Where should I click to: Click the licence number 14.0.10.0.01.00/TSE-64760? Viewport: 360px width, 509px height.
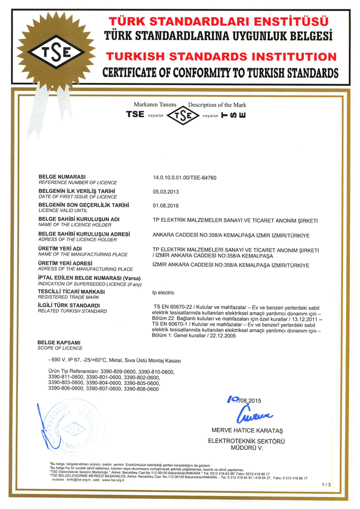click(x=184, y=177)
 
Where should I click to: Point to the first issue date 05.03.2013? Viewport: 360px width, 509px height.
click(x=166, y=191)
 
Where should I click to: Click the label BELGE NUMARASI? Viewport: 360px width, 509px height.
click(x=62, y=176)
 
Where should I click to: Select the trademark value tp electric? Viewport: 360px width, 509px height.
click(x=165, y=293)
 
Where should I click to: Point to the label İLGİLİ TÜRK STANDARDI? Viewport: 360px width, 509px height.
click(x=69, y=305)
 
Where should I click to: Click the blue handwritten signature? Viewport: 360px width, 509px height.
click(x=256, y=414)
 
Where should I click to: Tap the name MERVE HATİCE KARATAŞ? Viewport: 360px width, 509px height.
click(x=247, y=430)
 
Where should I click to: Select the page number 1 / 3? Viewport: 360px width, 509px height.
click(x=326, y=484)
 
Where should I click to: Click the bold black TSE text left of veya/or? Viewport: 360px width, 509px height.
click(x=135, y=114)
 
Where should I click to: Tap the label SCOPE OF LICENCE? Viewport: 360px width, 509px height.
click(x=60, y=348)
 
